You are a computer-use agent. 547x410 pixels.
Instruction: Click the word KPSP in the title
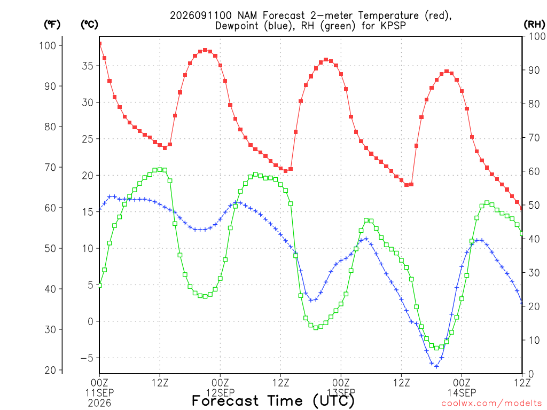[392, 26]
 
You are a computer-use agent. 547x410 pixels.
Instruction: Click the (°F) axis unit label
[52, 25]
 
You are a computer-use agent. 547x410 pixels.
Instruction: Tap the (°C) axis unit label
[89, 25]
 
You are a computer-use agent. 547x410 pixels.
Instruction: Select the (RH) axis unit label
[534, 25]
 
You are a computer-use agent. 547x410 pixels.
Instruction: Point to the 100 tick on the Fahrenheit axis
[48, 46]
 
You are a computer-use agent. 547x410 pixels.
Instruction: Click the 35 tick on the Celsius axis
[88, 66]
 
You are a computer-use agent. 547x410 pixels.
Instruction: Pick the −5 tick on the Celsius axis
[87, 358]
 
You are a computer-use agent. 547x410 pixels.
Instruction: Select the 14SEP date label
[462, 393]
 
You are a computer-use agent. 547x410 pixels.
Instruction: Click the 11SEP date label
[99, 393]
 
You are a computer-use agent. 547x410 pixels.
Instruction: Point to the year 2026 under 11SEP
[99, 404]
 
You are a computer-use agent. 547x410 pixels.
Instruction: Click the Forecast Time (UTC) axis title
[273, 401]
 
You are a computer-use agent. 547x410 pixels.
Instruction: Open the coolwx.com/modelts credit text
[491, 404]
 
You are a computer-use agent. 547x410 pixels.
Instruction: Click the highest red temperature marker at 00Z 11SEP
[100, 44]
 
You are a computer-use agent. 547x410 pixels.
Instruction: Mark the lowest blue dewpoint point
[436, 366]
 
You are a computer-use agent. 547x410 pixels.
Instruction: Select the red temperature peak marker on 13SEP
[326, 60]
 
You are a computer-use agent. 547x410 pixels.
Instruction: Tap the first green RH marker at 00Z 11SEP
[100, 285]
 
